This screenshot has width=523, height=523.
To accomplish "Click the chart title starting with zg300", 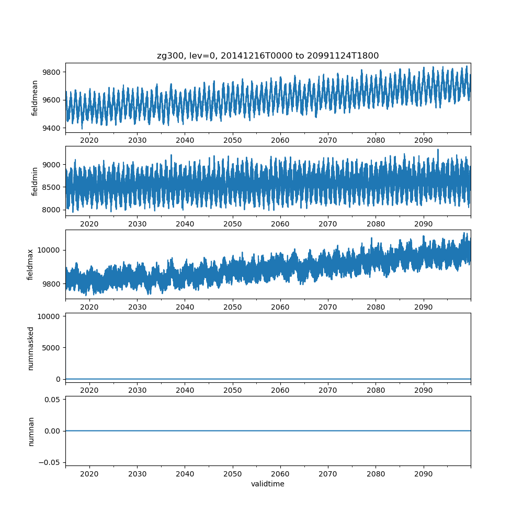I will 268,55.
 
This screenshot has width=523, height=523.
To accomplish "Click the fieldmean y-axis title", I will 35,98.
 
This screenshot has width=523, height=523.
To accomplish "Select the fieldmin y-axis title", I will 35,181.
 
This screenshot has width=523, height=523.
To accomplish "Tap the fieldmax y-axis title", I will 30,264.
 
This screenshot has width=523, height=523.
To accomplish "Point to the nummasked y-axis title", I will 30,348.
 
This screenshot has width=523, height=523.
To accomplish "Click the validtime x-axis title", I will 268,484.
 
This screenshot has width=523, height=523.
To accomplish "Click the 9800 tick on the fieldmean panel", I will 52,72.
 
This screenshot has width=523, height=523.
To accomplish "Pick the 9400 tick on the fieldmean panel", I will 52,128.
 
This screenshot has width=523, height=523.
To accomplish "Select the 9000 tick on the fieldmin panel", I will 52,164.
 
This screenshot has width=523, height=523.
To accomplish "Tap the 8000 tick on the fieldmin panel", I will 52,210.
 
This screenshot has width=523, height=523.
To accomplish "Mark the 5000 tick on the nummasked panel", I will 52,347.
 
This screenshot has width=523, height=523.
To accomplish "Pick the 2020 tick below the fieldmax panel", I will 89,307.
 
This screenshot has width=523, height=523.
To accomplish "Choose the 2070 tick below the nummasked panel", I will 328,390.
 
